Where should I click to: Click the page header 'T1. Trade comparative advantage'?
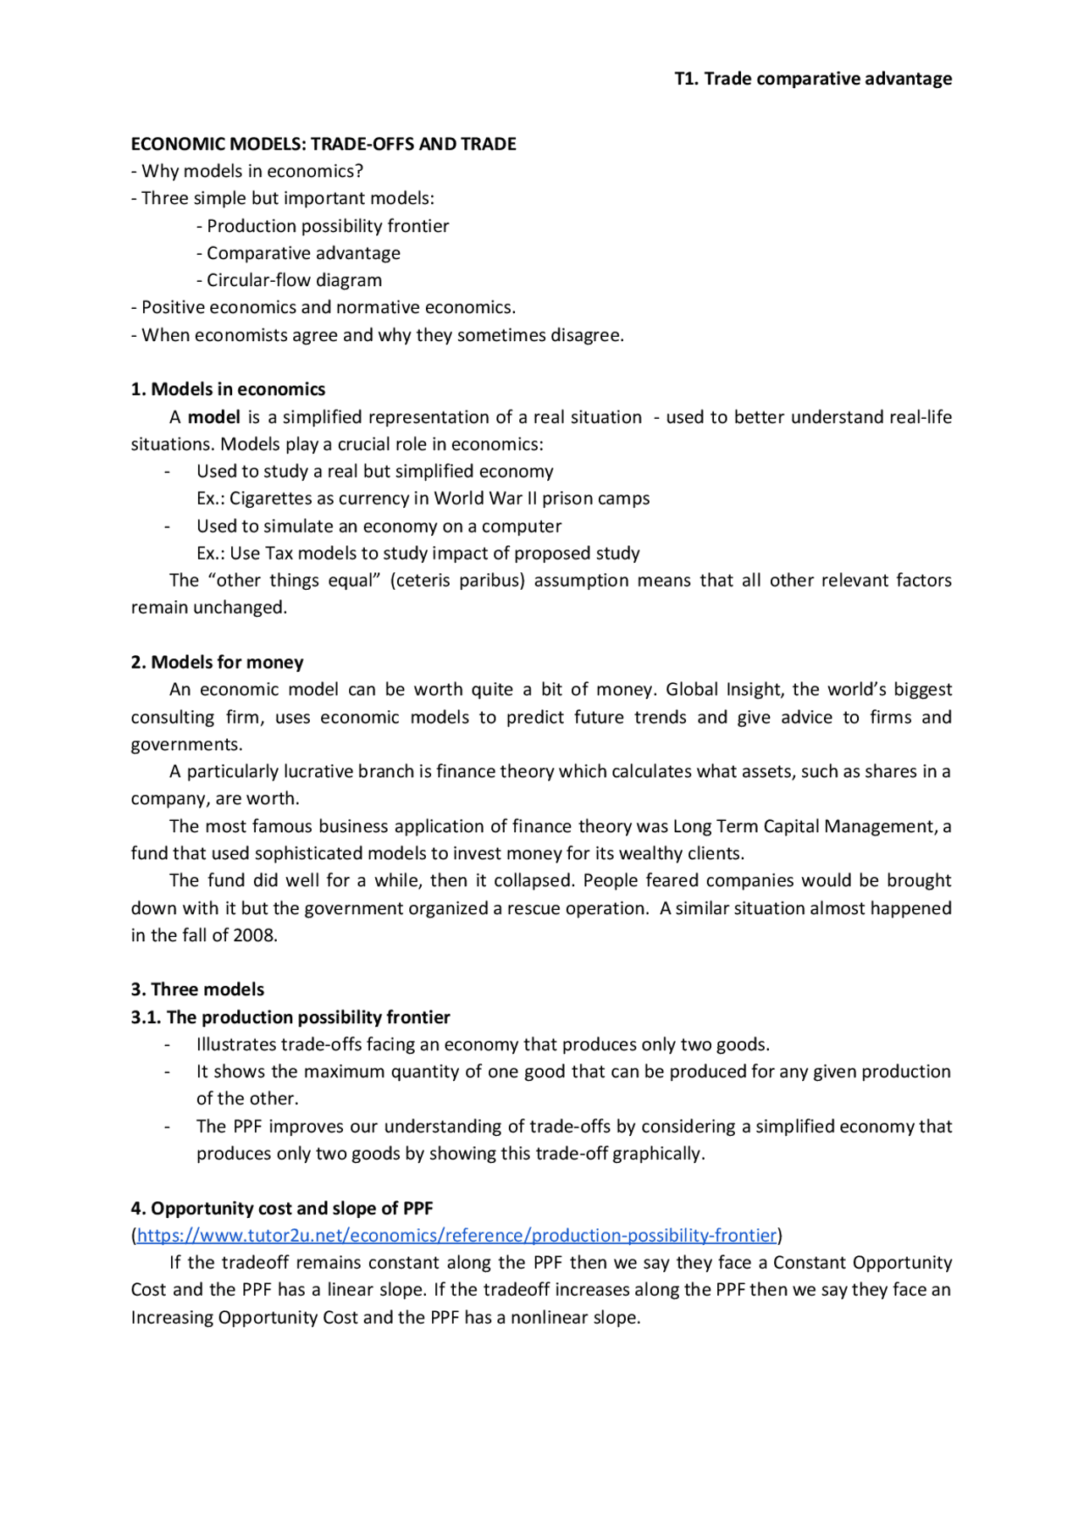click(x=812, y=79)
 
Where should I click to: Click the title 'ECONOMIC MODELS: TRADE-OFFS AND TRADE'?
click(x=323, y=144)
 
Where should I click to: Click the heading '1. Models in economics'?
click(x=228, y=389)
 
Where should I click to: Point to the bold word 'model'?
click(x=213, y=417)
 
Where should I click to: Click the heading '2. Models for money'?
click(x=217, y=663)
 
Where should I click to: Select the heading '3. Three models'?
click(x=197, y=989)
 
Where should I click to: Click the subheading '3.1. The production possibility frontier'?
click(x=290, y=1017)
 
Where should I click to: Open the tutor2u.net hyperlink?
click(x=456, y=1236)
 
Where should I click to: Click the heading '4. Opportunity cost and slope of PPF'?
click(x=281, y=1209)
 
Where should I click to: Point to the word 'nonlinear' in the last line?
click(x=547, y=1318)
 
